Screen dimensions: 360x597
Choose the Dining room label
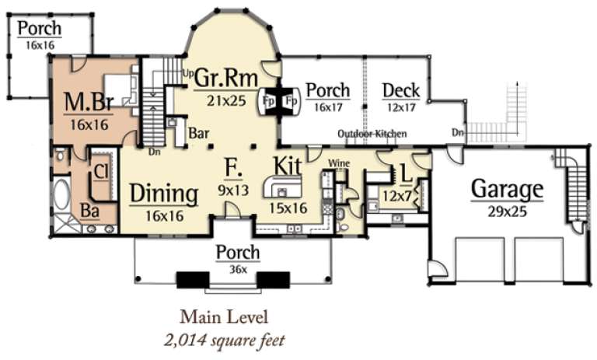[162, 192]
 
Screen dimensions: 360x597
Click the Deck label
[401, 91]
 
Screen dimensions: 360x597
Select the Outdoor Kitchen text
[372, 134]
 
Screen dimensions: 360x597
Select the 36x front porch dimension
[237, 270]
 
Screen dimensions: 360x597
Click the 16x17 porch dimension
[327, 110]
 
